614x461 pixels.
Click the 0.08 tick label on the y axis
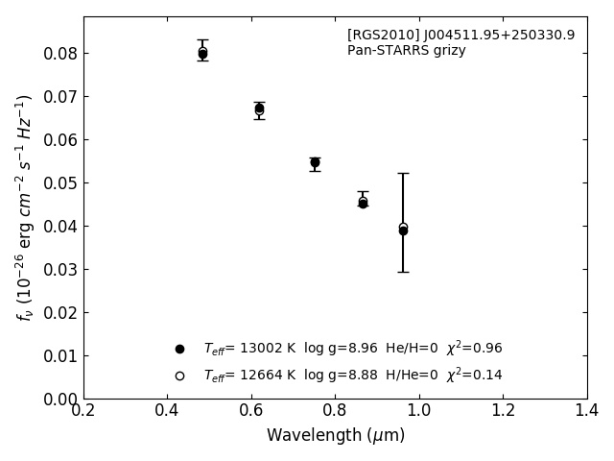pyautogui.click(x=59, y=54)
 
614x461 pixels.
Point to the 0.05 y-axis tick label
pyautogui.click(x=59, y=183)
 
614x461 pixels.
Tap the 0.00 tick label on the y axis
pyautogui.click(x=59, y=400)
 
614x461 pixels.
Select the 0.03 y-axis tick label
pyautogui.click(x=59, y=270)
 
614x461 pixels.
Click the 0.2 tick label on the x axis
pyautogui.click(x=83, y=411)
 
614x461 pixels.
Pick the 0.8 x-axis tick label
pyautogui.click(x=335, y=411)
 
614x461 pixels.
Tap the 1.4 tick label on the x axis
pyautogui.click(x=586, y=411)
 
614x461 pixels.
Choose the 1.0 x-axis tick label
pyautogui.click(x=419, y=411)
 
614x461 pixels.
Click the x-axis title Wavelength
pyautogui.click(x=335, y=436)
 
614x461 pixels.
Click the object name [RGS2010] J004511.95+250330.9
pyautogui.click(x=460, y=36)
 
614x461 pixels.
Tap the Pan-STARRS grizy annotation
pyautogui.click(x=406, y=51)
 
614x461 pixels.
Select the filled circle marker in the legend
pyautogui.click(x=179, y=349)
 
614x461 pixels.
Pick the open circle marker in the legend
pyautogui.click(x=179, y=376)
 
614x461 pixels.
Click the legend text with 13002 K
pyautogui.click(x=352, y=349)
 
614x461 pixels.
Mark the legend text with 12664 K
pyautogui.click(x=352, y=376)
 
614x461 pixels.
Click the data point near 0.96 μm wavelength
pyautogui.click(x=403, y=230)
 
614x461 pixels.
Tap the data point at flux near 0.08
pyautogui.click(x=202, y=54)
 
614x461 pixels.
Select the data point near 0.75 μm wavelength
pyautogui.click(x=315, y=162)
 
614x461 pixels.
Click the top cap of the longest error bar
pyautogui.click(x=403, y=173)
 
